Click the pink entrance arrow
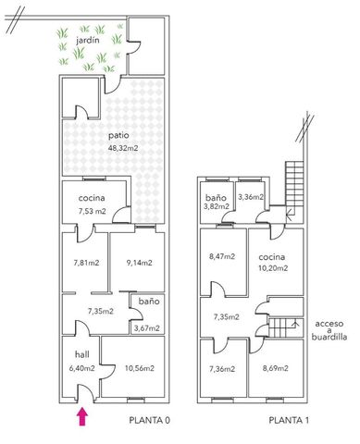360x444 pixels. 82,416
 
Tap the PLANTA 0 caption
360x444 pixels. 150,420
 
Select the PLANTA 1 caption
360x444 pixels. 289,420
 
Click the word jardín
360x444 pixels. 88,40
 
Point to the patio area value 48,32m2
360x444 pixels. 123,148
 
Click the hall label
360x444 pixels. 82,354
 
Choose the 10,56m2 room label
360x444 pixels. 140,368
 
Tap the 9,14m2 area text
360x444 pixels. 139,263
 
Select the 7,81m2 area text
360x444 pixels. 86,263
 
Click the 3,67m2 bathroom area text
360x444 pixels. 147,328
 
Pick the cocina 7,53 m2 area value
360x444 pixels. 92,212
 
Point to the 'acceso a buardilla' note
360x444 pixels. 329,330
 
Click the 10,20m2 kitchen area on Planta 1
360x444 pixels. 273,268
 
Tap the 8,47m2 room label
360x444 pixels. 222,256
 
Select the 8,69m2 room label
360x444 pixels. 276,368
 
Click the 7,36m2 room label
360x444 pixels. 222,369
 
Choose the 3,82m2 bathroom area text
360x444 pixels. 217,206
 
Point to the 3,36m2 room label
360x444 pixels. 251,197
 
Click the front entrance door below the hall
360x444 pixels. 85,393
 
